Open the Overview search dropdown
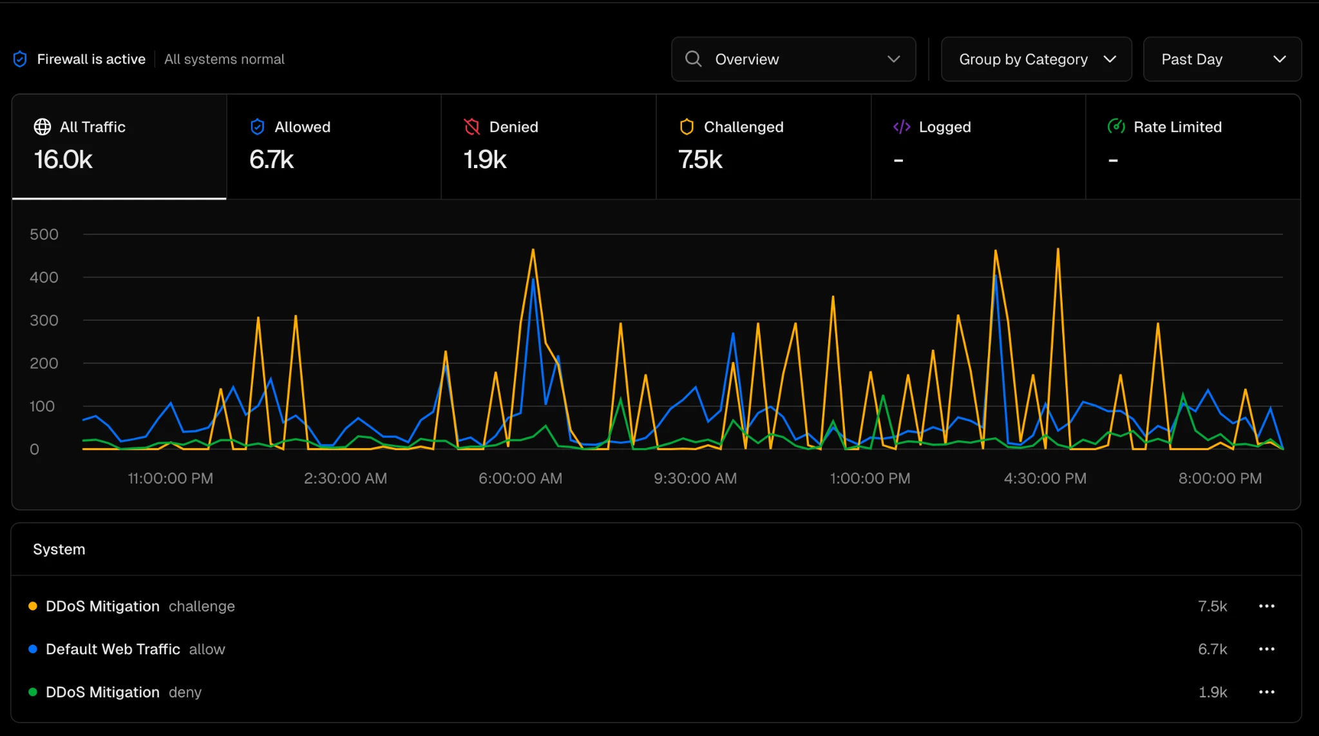click(793, 59)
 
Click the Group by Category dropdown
click(1036, 59)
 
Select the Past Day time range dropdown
click(1222, 59)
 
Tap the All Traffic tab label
click(93, 127)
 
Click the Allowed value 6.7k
click(272, 160)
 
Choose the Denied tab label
click(513, 127)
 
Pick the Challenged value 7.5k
click(701, 160)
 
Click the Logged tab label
click(945, 127)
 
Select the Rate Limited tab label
click(1177, 127)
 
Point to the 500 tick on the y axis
click(44, 234)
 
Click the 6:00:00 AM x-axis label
click(520, 478)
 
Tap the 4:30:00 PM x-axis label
click(1045, 478)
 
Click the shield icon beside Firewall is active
click(20, 59)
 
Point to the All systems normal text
click(224, 59)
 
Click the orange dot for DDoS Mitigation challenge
click(33, 606)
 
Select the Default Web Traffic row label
click(113, 649)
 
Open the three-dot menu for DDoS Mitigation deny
click(1266, 692)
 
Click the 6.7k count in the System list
click(1212, 649)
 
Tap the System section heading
click(59, 549)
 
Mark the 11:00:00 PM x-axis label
click(171, 478)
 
